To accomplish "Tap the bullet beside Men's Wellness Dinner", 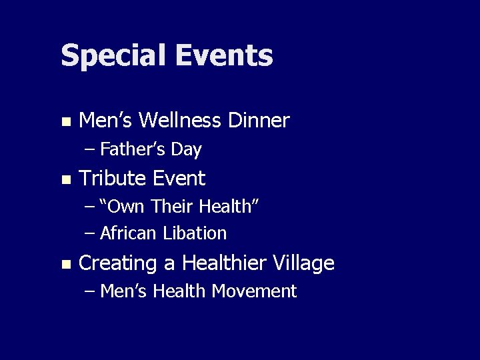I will coord(65,122).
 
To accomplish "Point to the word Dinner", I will coord(259,121).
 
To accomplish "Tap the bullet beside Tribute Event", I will coord(65,180).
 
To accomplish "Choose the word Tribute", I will coord(112,179).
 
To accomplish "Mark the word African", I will coord(127,233).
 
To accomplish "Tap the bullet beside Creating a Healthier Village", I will coord(65,265).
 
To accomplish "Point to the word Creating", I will coord(118,264).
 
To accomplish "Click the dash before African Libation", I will coord(90,234).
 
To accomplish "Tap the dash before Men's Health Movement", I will coord(90,292).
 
